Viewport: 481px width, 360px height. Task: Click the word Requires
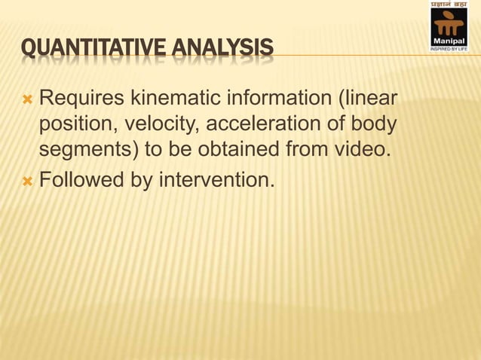82,98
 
